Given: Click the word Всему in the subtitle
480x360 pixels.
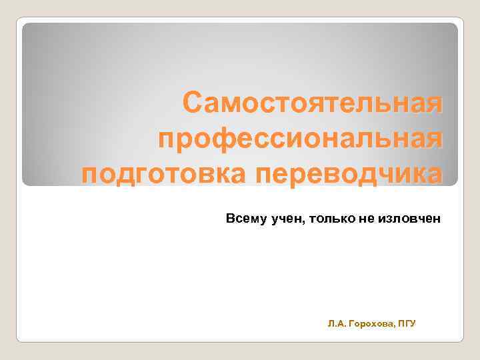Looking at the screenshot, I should [246, 218].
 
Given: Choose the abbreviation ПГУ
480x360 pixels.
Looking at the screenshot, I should [406, 323].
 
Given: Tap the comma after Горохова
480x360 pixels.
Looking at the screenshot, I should [393, 326].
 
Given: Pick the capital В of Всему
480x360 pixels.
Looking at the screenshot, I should [230, 218].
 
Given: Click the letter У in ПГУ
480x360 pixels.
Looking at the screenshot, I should [413, 323].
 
